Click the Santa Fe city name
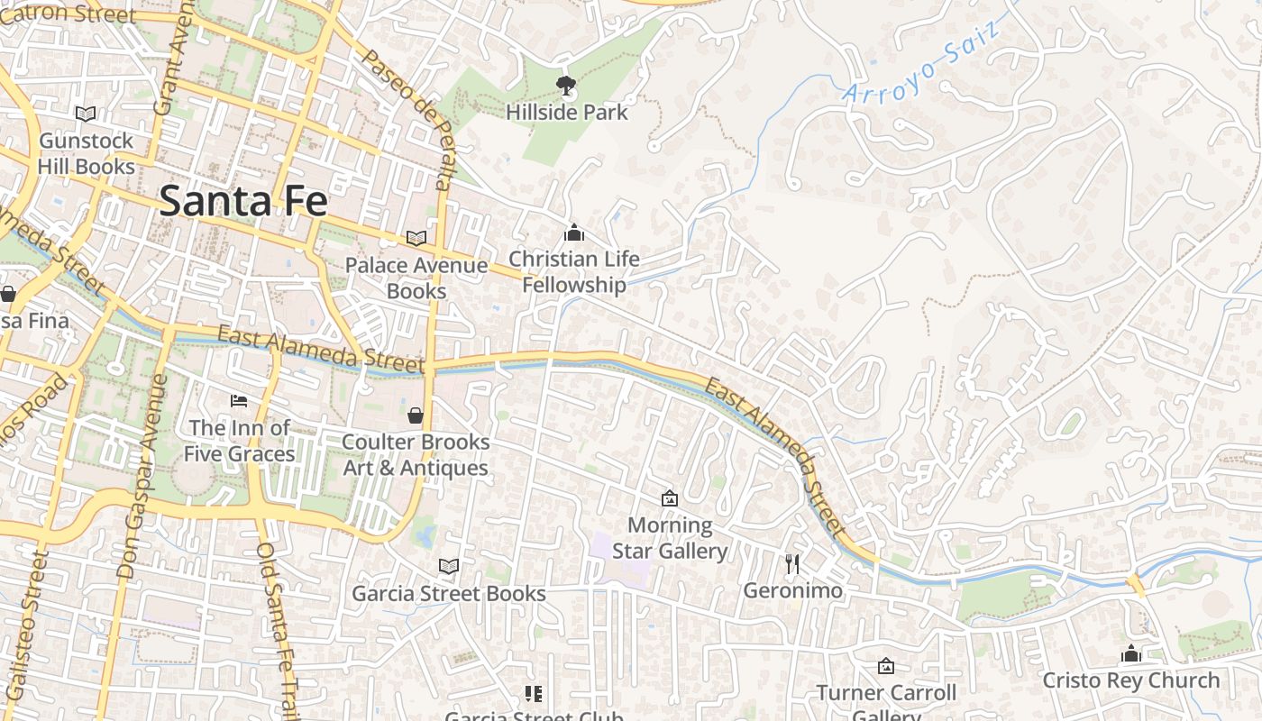pos(242,200)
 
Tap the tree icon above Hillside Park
pos(566,87)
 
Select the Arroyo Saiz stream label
pos(921,60)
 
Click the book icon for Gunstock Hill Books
pos(86,114)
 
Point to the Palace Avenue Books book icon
pos(416,238)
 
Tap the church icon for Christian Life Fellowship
pos(574,233)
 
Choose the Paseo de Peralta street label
pos(407,118)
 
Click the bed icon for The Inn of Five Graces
pos(239,400)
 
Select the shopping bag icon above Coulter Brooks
pos(416,415)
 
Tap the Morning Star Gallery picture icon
pos(669,498)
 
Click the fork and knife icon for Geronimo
pos(792,564)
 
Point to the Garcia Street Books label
pos(449,593)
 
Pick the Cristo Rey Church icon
pos(1131,653)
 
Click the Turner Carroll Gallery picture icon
pos(886,666)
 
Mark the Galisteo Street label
pos(27,622)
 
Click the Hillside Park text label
pos(566,113)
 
